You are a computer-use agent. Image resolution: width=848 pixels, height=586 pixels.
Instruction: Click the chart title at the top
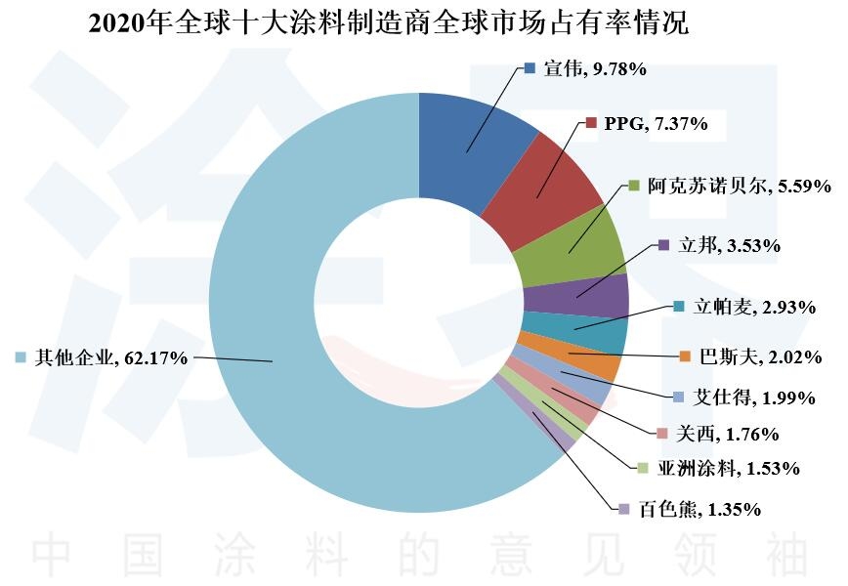coord(388,23)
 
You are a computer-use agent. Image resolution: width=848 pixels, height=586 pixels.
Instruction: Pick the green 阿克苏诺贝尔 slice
coord(572,248)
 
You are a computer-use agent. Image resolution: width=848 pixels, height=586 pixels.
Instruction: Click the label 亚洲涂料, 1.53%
coord(728,469)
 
